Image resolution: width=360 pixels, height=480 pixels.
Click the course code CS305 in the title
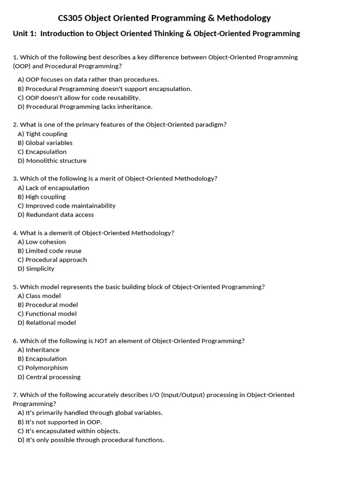[70, 18]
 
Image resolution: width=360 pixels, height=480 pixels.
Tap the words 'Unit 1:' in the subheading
[25, 34]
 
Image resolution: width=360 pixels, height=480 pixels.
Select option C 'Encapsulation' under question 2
[42, 152]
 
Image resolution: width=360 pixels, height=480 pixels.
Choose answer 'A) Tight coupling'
[43, 134]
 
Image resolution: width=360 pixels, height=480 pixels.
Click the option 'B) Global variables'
[45, 143]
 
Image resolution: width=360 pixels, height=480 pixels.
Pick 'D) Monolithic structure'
[52, 161]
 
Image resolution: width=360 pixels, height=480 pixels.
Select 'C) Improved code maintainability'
[67, 206]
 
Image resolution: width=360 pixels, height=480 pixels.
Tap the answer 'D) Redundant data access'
[56, 215]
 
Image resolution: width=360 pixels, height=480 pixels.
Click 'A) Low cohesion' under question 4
[42, 242]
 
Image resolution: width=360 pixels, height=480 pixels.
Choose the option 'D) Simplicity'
[36, 269]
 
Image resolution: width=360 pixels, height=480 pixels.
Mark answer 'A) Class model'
[39, 296]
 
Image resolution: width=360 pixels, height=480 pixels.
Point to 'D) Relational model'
[47, 322]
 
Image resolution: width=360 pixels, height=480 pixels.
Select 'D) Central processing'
[49, 377]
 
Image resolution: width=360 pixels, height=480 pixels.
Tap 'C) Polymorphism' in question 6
[43, 368]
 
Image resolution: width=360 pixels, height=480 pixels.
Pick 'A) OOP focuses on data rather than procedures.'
[88, 80]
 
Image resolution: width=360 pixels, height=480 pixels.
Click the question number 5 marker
[15, 287]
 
